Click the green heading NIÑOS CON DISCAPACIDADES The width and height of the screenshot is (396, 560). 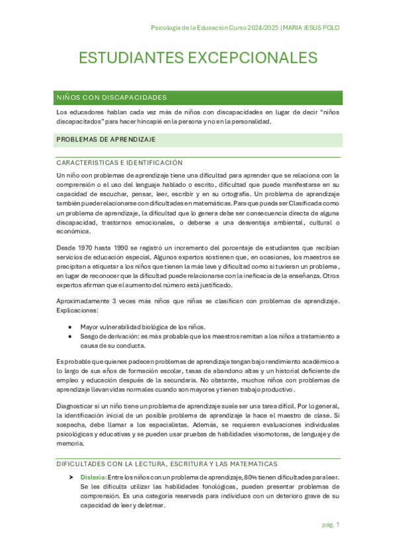coord(112,98)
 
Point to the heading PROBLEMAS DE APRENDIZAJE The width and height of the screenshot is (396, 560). coord(106,139)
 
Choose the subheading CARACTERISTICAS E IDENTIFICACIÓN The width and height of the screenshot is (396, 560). coord(120,162)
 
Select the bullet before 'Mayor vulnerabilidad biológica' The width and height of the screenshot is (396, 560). coord(71,327)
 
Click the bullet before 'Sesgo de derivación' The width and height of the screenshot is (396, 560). coord(71,336)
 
